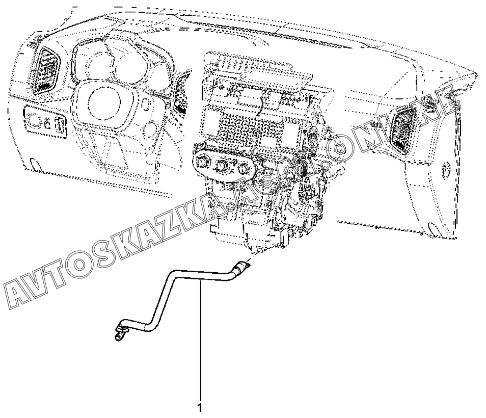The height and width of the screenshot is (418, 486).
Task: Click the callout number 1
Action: pos(200,408)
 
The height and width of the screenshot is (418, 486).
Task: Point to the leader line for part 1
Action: pos(200,347)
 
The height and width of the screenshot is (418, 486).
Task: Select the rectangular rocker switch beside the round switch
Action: pos(60,124)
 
